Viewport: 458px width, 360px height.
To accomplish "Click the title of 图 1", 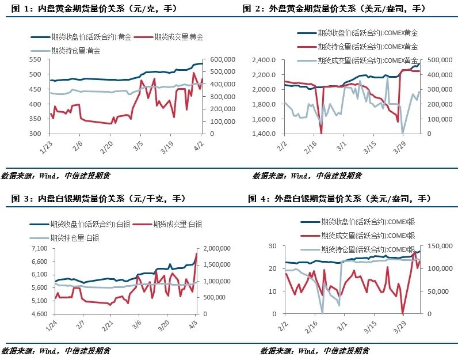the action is (94, 9).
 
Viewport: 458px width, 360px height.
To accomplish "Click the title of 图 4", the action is (339, 199).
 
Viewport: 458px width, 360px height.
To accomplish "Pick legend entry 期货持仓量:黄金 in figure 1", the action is (66, 51).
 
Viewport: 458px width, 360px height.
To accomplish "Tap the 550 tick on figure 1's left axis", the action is (35, 59).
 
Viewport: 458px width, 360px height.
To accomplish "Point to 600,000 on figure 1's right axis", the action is (223, 59).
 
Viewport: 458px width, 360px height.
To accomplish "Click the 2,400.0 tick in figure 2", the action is (264, 60).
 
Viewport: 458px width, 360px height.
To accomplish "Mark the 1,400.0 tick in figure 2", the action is (264, 134).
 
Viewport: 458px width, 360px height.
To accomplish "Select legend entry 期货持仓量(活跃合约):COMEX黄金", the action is (357, 47).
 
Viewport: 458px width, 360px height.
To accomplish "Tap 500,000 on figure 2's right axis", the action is (440, 60).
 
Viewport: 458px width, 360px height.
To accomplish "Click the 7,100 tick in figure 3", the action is (39, 248).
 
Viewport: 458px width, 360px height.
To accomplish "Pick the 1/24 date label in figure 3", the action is (51, 325).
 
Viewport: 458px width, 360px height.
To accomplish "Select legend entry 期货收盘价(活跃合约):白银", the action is (80, 224).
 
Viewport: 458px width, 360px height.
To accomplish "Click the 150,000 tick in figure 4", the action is (440, 246).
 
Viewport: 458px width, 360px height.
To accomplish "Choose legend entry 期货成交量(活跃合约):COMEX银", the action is (358, 236).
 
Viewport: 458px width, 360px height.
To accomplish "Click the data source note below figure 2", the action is (307, 176).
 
